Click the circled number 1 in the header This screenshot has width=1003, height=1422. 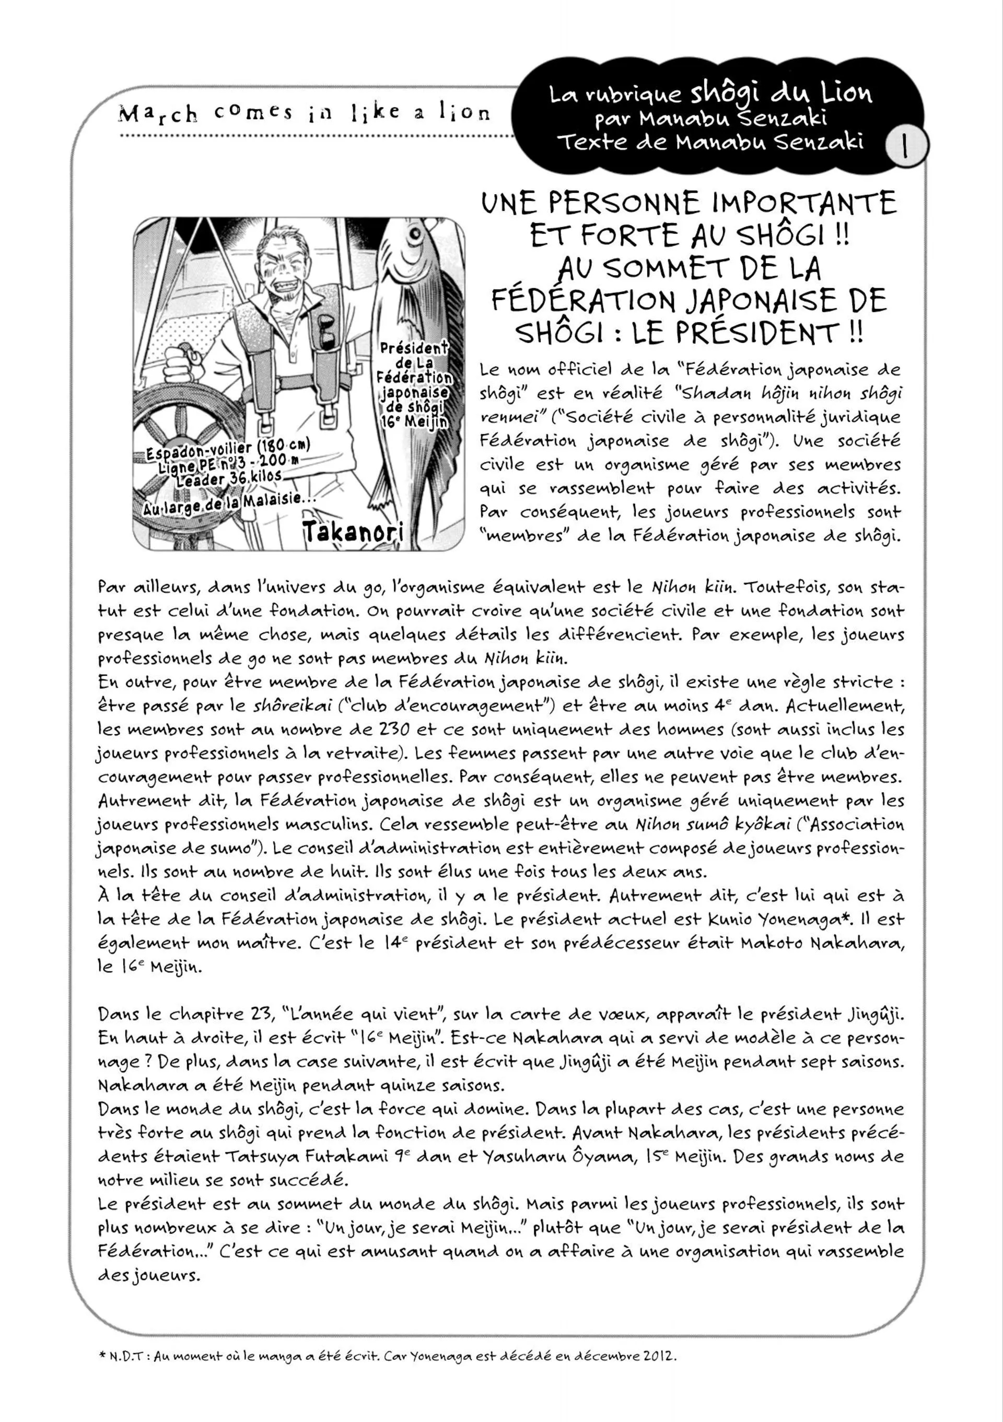[906, 146]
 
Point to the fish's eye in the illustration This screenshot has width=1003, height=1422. [414, 234]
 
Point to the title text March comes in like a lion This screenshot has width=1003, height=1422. [304, 113]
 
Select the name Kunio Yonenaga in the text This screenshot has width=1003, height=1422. [786, 919]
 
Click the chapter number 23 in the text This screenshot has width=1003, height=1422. [261, 1014]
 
